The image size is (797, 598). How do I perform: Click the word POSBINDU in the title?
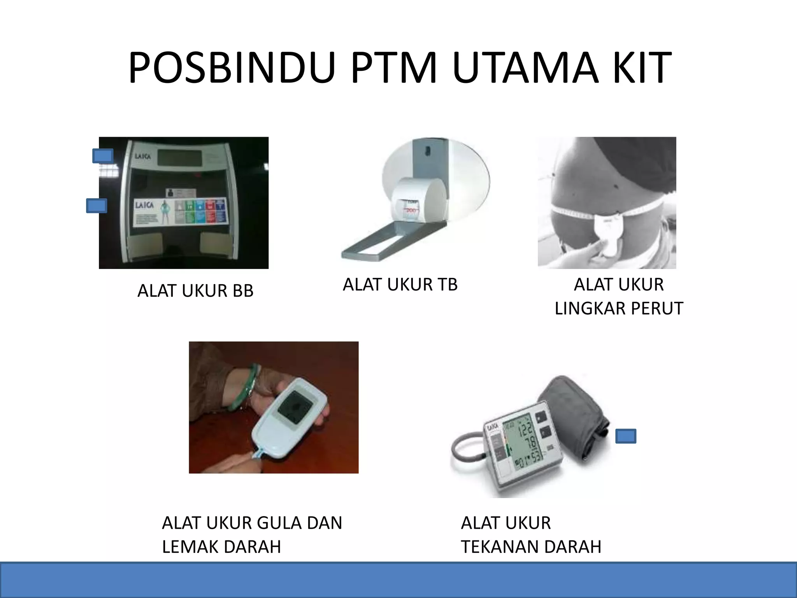coord(232,69)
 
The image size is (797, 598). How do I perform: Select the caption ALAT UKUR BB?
coord(195,291)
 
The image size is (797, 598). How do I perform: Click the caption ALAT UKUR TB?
coord(400,285)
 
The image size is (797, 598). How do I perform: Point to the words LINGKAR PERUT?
coord(619,308)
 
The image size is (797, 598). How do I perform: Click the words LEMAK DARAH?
coord(221,547)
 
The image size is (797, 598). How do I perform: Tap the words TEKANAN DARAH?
coord(531,547)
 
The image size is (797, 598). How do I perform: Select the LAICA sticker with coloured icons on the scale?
coord(180,211)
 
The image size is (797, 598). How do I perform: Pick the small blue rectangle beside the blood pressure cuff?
coord(626,436)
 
